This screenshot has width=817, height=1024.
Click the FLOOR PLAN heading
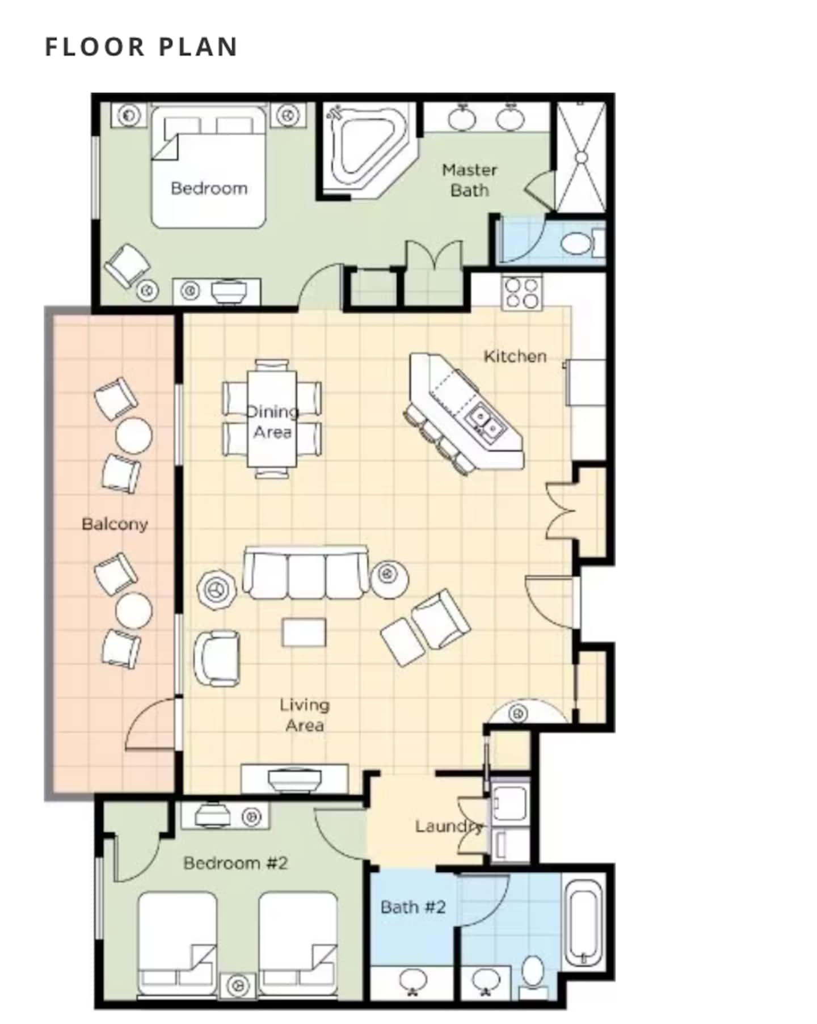click(141, 47)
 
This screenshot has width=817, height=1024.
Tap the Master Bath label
click(469, 180)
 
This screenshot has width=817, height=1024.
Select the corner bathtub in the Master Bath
click(369, 150)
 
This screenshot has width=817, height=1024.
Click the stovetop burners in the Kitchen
click(522, 293)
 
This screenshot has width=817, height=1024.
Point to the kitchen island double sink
click(485, 423)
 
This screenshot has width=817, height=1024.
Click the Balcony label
click(115, 524)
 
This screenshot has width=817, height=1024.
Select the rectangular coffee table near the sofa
click(304, 632)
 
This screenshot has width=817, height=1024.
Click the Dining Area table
click(272, 418)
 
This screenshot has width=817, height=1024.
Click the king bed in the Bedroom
click(209, 167)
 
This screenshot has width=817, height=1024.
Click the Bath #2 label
click(413, 907)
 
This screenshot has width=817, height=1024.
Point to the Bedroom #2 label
click(235, 863)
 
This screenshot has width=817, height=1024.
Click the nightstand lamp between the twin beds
click(238, 985)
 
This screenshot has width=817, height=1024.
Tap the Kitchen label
click(515, 356)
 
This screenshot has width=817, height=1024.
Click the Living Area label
click(305, 715)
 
